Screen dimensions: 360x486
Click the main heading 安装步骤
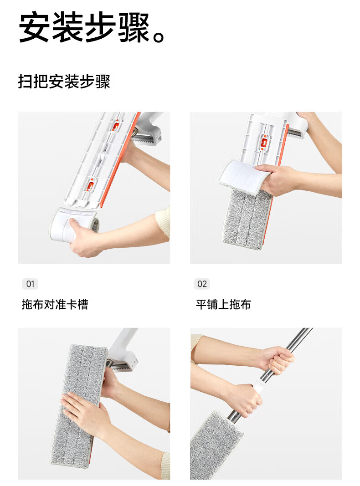pos(84,27)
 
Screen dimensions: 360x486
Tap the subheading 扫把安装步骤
pos(64,82)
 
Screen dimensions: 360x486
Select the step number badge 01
pos(30,284)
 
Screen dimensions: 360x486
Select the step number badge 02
pos(202,284)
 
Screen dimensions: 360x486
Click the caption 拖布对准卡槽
pos(55,304)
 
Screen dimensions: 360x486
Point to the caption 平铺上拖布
pos(223,304)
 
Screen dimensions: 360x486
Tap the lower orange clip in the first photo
pos(90,185)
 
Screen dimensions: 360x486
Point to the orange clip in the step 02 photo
pos(264,143)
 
